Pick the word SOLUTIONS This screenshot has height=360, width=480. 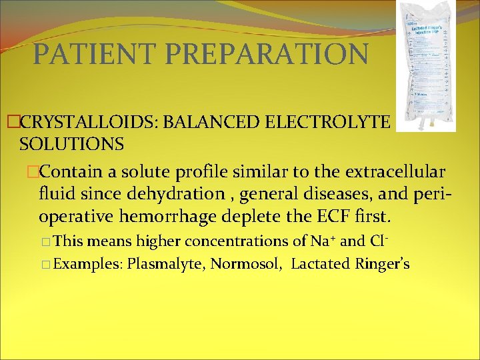click(x=72, y=143)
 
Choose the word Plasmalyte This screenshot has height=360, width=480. click(x=167, y=264)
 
